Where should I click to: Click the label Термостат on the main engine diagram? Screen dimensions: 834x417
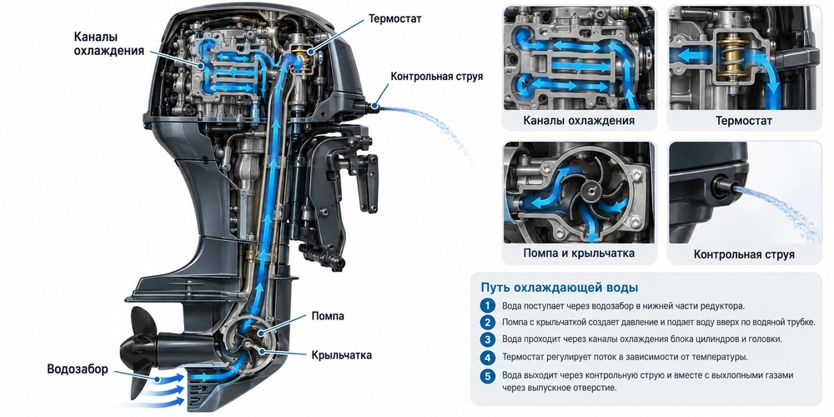(x=394, y=18)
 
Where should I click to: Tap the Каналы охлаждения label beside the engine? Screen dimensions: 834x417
(x=109, y=43)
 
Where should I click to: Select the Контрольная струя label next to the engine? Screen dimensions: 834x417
(x=437, y=76)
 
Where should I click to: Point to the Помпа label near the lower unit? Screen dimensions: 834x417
(x=327, y=316)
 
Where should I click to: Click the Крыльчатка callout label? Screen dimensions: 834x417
(x=341, y=354)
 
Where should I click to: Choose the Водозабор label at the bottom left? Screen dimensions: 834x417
(x=77, y=369)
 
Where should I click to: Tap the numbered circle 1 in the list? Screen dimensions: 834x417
(x=487, y=306)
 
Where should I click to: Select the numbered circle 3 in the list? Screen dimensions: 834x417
(x=487, y=339)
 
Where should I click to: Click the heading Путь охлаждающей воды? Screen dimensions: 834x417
(x=559, y=288)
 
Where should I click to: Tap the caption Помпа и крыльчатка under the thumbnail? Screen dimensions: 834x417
(x=579, y=254)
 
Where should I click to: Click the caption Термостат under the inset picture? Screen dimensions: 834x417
(x=744, y=121)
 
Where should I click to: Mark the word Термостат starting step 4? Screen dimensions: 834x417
(x=524, y=357)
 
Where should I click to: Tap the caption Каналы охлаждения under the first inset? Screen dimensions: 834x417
(x=579, y=121)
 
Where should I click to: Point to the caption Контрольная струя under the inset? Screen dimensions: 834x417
(x=744, y=254)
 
